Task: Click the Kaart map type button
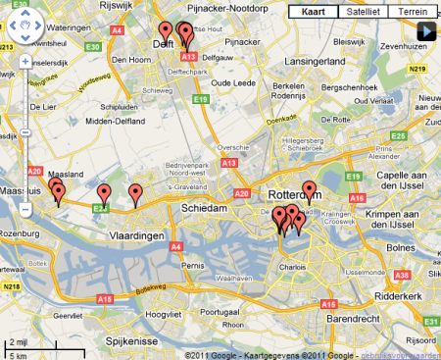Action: tap(313, 12)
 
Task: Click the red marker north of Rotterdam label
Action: tap(310, 190)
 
